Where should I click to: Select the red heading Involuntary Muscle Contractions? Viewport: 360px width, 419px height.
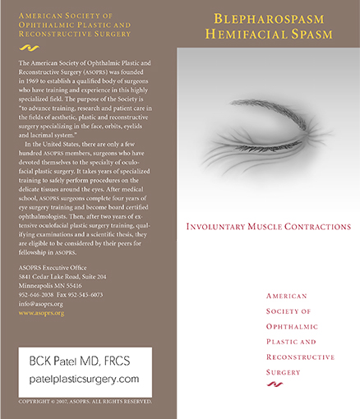(269, 226)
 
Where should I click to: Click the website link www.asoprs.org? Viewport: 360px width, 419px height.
(40, 313)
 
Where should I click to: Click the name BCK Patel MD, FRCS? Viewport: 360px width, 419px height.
(80, 360)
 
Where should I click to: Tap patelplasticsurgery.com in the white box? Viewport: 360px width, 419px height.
(85, 379)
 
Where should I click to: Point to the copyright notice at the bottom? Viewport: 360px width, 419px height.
(85, 401)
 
